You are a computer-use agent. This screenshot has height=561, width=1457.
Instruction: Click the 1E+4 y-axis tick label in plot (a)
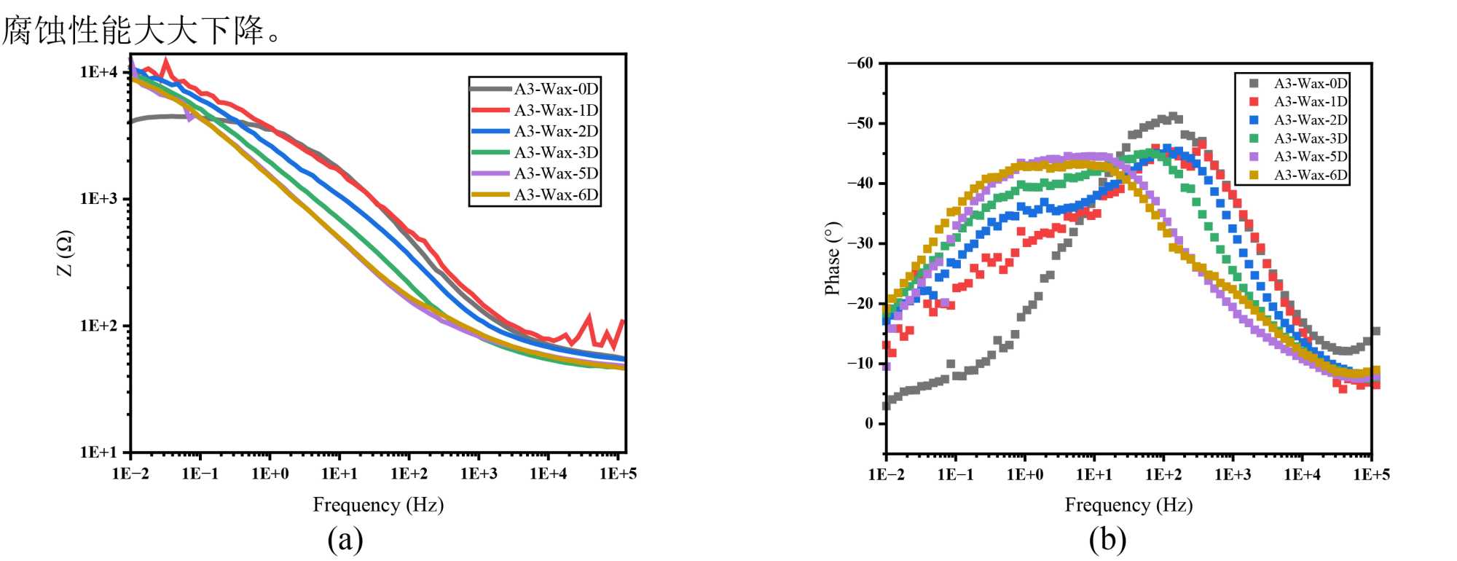click(x=98, y=71)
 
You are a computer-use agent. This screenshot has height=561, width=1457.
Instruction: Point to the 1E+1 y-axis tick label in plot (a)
click(x=98, y=452)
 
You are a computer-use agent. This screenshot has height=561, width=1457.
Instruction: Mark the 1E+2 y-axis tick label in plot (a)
click(x=98, y=326)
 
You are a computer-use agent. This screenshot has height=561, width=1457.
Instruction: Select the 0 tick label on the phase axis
click(x=868, y=423)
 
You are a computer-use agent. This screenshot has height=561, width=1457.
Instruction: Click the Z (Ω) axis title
click(x=65, y=254)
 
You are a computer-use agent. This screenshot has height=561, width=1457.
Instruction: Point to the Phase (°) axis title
click(x=832, y=259)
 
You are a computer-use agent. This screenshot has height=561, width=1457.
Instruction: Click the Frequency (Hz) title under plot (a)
click(x=378, y=505)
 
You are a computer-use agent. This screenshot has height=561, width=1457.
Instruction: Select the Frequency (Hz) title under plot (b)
click(x=1128, y=505)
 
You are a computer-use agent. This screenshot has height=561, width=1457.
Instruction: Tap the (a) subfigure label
click(x=345, y=540)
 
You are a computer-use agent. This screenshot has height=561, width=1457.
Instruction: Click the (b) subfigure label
click(x=1107, y=540)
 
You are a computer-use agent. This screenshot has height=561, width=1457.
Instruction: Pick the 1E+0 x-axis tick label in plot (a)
click(x=270, y=474)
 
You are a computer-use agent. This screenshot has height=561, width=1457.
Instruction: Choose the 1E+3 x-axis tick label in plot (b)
click(x=1233, y=475)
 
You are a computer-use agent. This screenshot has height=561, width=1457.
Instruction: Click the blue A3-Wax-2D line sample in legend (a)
click(x=490, y=132)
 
